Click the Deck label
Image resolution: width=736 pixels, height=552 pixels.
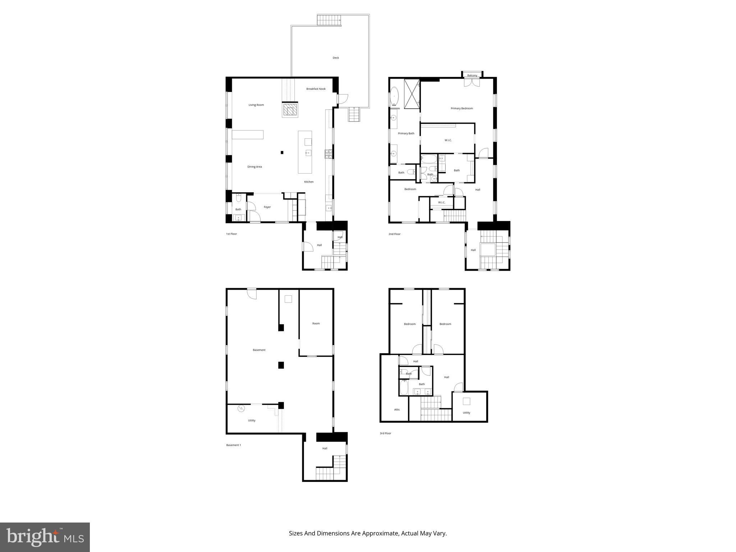pos(335,58)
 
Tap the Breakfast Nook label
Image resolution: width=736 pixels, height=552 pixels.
pos(316,89)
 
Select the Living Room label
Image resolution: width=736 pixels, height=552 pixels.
pos(256,105)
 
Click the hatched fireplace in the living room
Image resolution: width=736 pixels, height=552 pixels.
pos(290,110)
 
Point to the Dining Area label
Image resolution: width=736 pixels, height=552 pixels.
pos(254,167)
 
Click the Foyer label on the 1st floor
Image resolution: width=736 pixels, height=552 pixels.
pos(267,207)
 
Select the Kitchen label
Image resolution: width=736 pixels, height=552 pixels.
pos(309,182)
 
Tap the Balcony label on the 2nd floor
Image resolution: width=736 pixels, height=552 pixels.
pos(472,75)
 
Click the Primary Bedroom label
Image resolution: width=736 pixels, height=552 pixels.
pos(462,108)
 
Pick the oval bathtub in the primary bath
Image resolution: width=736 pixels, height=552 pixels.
pos(395,97)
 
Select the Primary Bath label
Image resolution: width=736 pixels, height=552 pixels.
pos(406,133)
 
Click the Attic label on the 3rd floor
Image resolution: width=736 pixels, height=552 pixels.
pos(397,410)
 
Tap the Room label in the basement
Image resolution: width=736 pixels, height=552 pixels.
pos(316,323)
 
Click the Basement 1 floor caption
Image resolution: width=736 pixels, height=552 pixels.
pos(234,445)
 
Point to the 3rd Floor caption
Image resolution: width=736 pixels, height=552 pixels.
pos(385,433)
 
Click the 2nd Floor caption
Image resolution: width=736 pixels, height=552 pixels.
pos(394,234)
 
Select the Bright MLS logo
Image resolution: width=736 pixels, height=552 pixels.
pos(45,537)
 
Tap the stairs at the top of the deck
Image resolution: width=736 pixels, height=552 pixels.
pos(329,20)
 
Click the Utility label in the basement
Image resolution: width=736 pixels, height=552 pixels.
pos(252,420)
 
